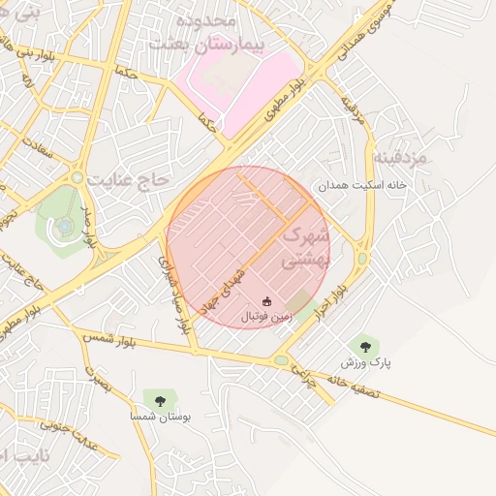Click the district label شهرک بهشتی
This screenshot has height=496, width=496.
tap(305, 248)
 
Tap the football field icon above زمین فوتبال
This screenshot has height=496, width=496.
tap(267, 301)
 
